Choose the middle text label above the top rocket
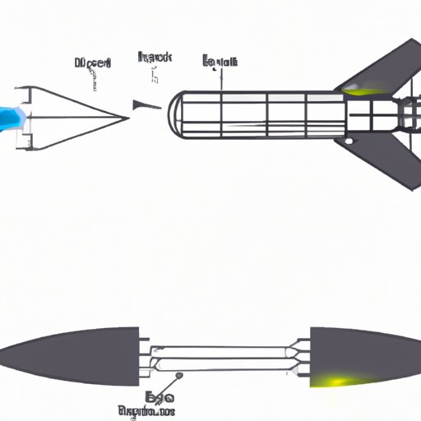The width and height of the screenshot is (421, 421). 154,58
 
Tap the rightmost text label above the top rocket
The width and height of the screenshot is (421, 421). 220,61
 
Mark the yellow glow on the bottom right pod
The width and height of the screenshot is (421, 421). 335,379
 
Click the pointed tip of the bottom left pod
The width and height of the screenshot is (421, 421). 3,356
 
